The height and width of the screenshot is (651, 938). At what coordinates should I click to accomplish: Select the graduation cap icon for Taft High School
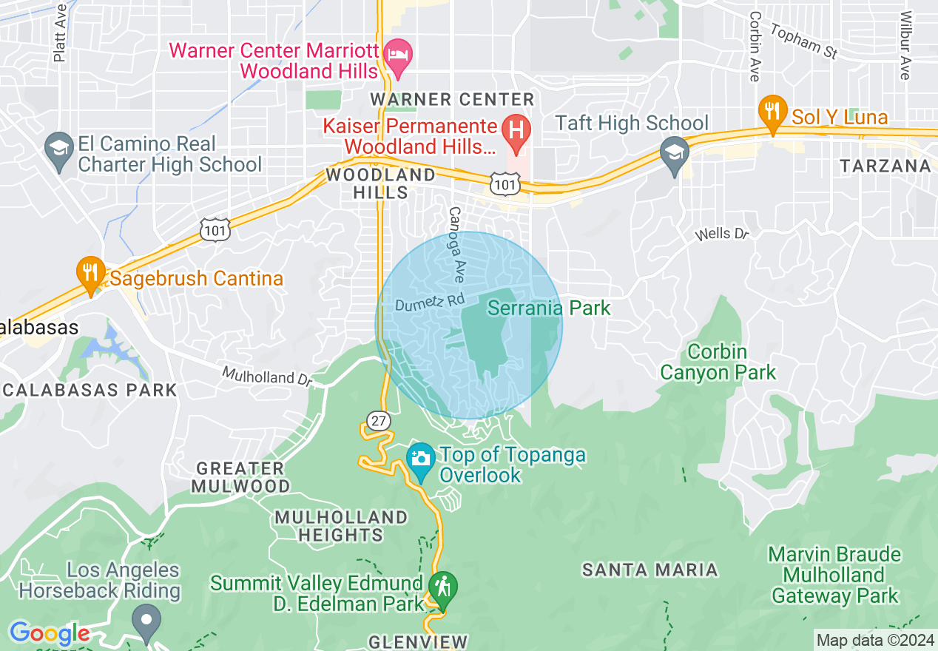click(x=674, y=153)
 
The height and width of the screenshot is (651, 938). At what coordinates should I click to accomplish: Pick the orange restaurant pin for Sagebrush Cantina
click(x=90, y=273)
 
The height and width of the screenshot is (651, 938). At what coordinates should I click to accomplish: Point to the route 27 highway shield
click(x=379, y=421)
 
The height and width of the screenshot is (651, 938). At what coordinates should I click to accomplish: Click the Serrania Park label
click(x=549, y=308)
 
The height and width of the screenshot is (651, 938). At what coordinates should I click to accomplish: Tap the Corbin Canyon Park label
click(x=718, y=362)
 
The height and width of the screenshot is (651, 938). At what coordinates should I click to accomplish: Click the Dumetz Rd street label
click(x=429, y=303)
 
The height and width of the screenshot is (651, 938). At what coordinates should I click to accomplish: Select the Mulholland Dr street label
click(x=268, y=377)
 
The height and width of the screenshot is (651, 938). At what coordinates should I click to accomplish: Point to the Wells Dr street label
click(x=722, y=235)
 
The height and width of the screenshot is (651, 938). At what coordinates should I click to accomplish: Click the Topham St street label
click(x=803, y=41)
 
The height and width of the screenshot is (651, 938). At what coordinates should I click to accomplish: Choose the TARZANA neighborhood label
click(x=885, y=166)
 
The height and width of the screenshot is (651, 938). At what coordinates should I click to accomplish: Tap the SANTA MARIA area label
click(x=649, y=570)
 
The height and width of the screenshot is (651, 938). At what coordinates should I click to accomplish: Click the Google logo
click(x=49, y=634)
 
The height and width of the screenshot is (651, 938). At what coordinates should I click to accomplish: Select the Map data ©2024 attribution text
click(x=874, y=639)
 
